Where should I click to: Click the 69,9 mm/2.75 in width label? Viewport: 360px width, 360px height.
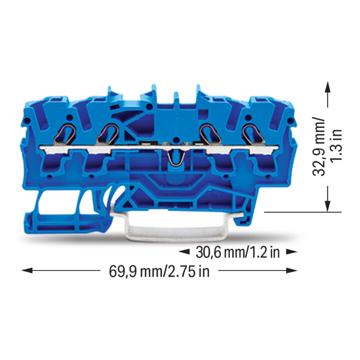pos(159,271)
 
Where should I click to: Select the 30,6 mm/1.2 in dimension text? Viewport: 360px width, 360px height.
pos(237,252)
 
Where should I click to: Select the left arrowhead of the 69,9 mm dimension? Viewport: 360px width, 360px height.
pos(27,270)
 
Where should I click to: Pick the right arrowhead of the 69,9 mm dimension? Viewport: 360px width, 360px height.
pos(291,270)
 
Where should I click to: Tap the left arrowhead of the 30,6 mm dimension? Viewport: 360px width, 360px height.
pos(184,252)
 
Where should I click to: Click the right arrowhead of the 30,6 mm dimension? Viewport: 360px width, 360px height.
pos(291,252)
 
